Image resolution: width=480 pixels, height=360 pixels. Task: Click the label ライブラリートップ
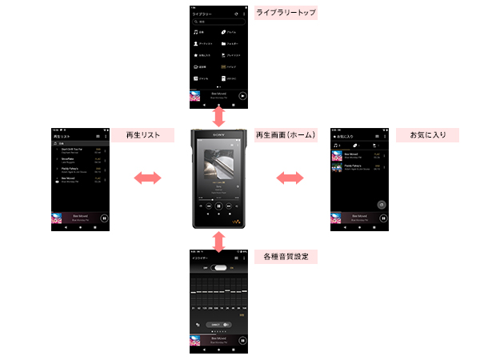pos(286,14)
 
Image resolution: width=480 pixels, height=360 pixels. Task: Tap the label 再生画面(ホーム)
pos(286,135)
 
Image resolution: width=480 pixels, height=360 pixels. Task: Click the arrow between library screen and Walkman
pos(219,117)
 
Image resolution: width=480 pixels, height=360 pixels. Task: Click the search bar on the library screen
pos(219,23)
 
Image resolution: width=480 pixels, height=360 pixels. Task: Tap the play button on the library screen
pos(243,94)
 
